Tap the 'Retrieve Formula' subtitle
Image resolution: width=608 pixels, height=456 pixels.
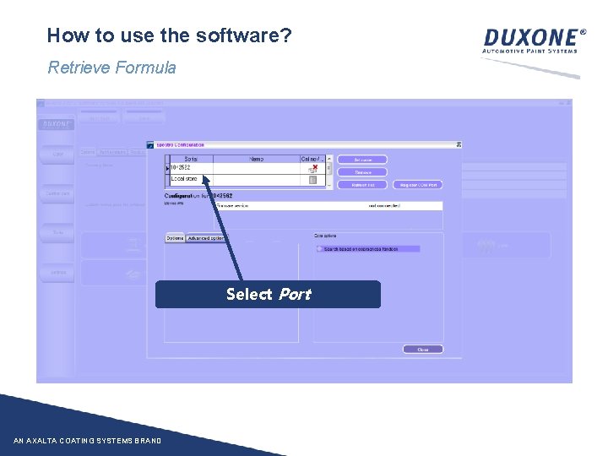coord(111,68)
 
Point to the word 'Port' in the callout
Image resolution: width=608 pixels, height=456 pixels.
coord(294,294)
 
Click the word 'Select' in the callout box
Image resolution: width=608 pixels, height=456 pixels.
coord(249,294)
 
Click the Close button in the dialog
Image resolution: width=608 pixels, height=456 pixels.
coord(422,349)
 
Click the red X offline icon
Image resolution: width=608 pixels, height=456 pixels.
coord(314,168)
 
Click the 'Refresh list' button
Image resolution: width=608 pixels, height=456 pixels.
coord(362,184)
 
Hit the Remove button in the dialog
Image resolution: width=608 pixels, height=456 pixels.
coord(362,171)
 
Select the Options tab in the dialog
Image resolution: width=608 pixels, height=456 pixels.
coord(175,238)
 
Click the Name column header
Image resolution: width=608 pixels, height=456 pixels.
coord(256,159)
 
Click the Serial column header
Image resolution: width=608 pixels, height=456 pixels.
coord(191,159)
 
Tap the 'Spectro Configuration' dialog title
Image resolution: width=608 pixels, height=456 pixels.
coord(181,144)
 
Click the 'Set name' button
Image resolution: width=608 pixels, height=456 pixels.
coord(362,159)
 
